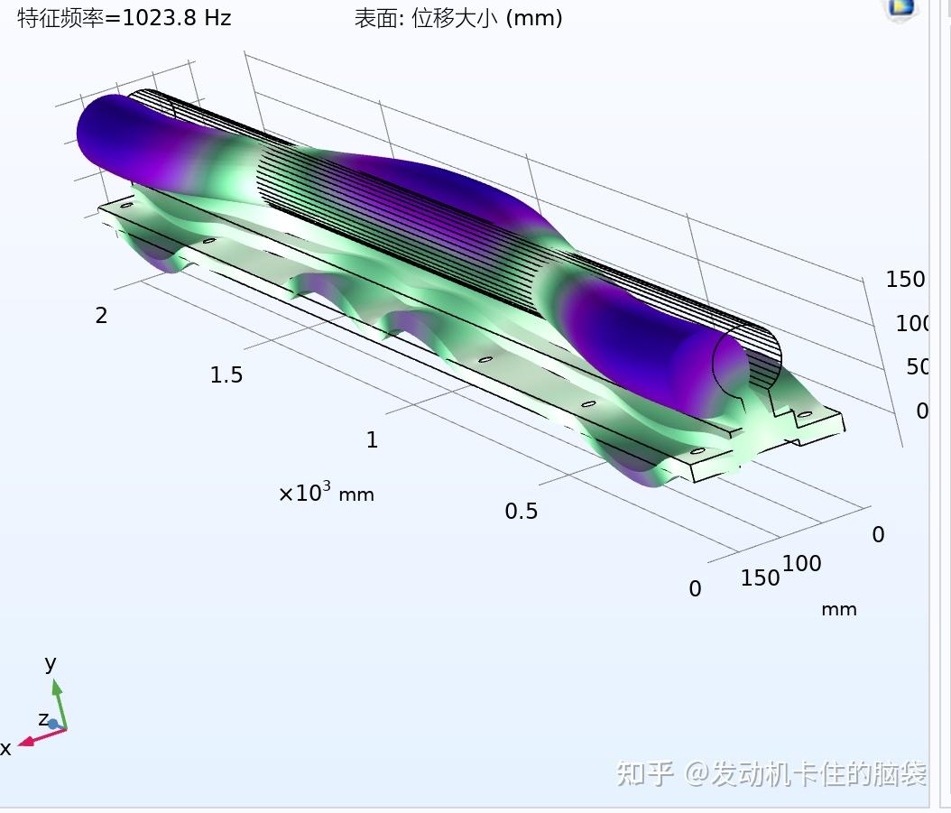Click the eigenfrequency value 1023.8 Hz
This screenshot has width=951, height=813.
[177, 17]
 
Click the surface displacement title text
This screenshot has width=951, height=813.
[458, 18]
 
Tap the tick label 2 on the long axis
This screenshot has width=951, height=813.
[101, 316]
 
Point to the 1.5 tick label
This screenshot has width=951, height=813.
[226, 375]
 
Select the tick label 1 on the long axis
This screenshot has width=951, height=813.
[372, 439]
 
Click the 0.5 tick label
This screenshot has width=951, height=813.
[521, 511]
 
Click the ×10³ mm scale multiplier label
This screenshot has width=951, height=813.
[327, 492]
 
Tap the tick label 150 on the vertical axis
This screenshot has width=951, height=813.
[905, 279]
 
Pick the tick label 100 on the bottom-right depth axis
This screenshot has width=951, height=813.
[802, 564]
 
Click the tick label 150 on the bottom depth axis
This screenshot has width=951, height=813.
[760, 577]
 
